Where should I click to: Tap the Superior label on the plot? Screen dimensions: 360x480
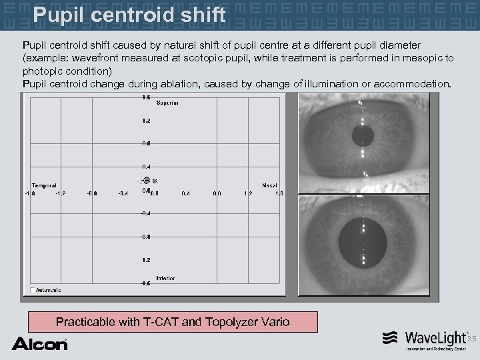[167, 103]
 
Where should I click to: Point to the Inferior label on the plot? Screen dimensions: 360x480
[165, 278]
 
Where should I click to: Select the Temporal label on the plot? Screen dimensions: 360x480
[44, 185]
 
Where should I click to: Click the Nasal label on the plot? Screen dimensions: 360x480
[269, 185]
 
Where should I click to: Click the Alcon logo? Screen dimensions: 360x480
[39, 344]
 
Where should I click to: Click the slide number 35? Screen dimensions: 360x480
[471, 339]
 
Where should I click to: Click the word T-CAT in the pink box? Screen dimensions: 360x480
[161, 322]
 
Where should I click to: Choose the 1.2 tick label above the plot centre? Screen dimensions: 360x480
[146, 121]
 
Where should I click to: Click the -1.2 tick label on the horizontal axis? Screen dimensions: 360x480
[61, 194]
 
